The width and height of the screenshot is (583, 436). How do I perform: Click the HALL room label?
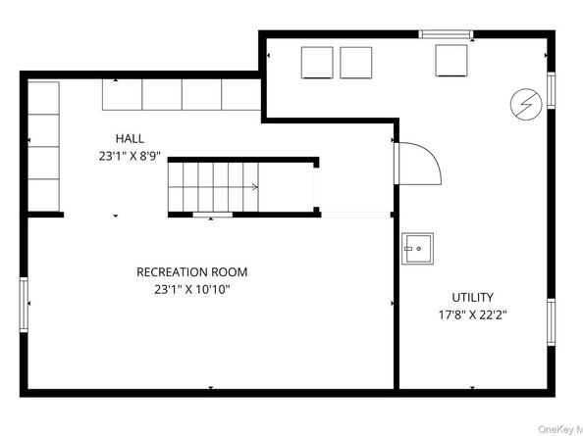point(130,139)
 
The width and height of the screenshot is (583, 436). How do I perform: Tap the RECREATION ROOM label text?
point(191,272)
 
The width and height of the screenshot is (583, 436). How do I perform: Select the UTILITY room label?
point(472,298)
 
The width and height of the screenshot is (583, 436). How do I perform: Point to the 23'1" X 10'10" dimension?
point(191,289)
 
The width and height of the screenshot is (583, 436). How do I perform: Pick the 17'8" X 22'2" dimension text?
point(473,315)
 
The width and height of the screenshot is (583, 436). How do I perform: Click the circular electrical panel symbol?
point(526,104)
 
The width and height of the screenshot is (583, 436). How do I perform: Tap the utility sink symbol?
point(417,249)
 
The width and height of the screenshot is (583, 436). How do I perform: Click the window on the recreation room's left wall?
point(24,305)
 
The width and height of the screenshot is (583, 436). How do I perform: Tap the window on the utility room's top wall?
point(446,34)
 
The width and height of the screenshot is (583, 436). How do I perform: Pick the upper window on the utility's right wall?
point(551,90)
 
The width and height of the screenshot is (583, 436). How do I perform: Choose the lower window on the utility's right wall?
point(551,322)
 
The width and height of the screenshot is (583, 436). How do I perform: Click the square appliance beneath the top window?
point(451,61)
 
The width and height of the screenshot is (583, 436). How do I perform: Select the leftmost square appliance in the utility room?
point(317,63)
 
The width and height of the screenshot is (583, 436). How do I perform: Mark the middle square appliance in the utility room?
point(356,63)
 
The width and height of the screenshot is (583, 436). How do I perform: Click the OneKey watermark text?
point(560,429)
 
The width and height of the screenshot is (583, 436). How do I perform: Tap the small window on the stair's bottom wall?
point(212,215)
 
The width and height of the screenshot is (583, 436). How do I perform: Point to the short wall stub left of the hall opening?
point(46,215)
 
